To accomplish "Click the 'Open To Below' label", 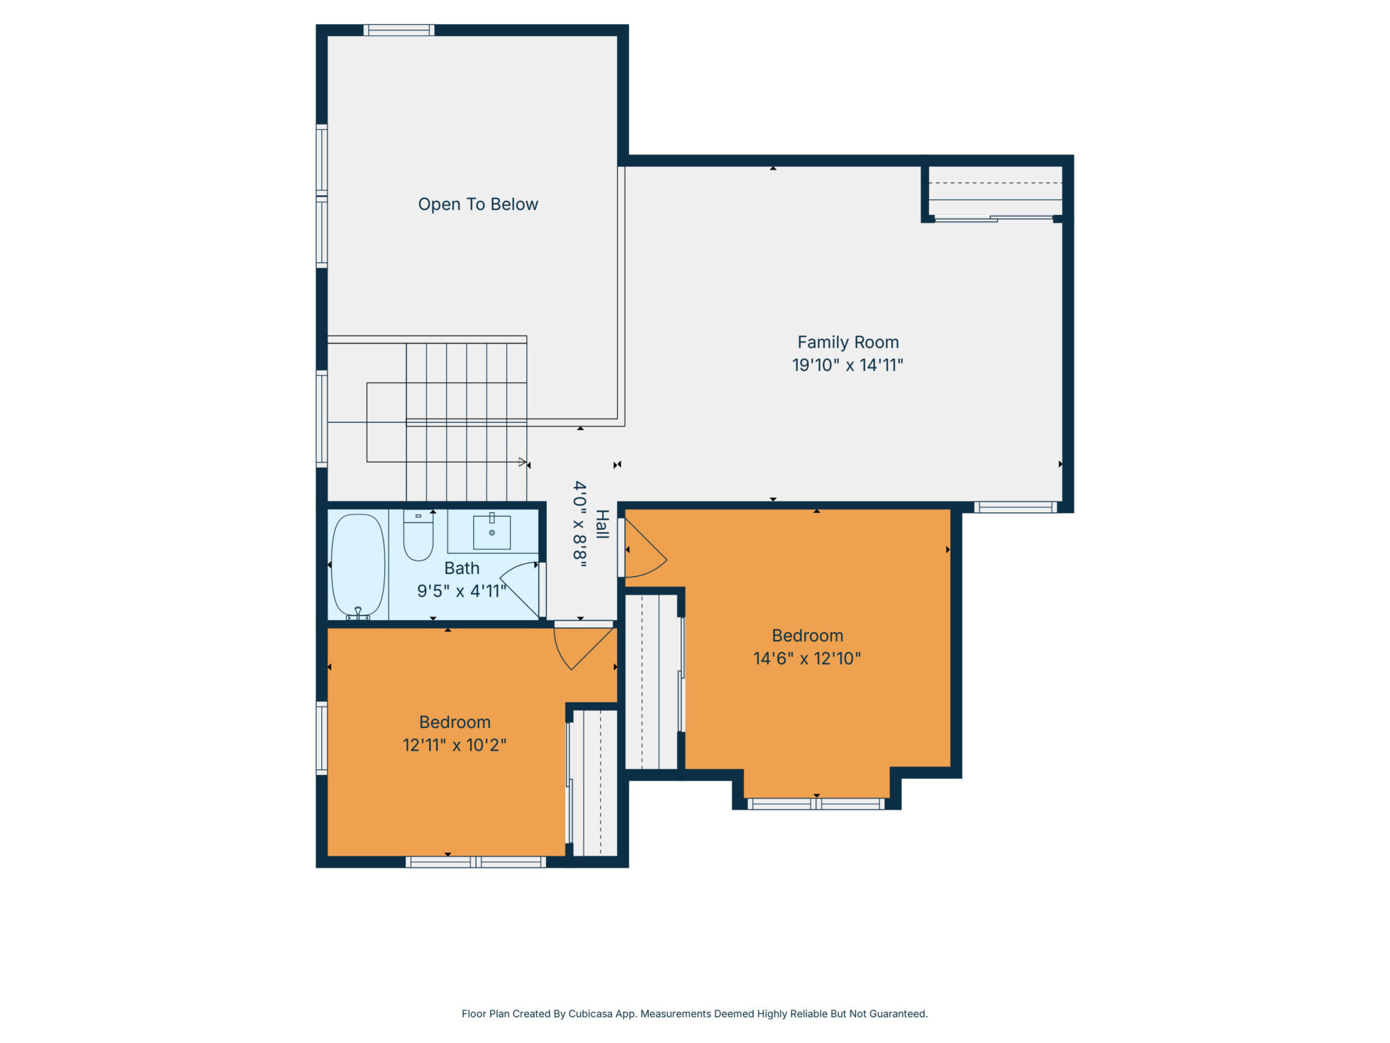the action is coord(478,204).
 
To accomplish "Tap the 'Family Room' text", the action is coord(848,343).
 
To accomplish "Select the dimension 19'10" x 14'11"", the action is coord(847,365).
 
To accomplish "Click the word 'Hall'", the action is coord(602,524).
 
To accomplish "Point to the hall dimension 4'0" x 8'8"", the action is coord(580,525).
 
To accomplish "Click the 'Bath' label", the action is coord(462,568).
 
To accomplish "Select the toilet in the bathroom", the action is coord(418,535).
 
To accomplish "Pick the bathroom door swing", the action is coord(520,588).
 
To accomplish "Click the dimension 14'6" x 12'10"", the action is coord(807,658).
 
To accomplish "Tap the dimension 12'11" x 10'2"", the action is coord(455,745).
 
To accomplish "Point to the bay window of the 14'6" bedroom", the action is coord(816,804).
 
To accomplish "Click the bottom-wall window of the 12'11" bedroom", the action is coord(476,862).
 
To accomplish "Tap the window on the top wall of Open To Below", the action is coord(399,30).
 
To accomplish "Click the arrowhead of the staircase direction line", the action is coord(524,463).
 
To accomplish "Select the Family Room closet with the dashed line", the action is coord(995,192).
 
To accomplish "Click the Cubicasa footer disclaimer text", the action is coord(694,1014).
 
